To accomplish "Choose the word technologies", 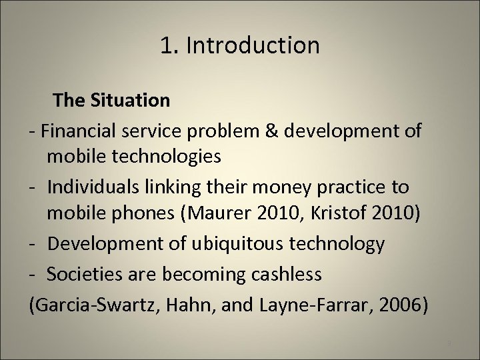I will [177, 158].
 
